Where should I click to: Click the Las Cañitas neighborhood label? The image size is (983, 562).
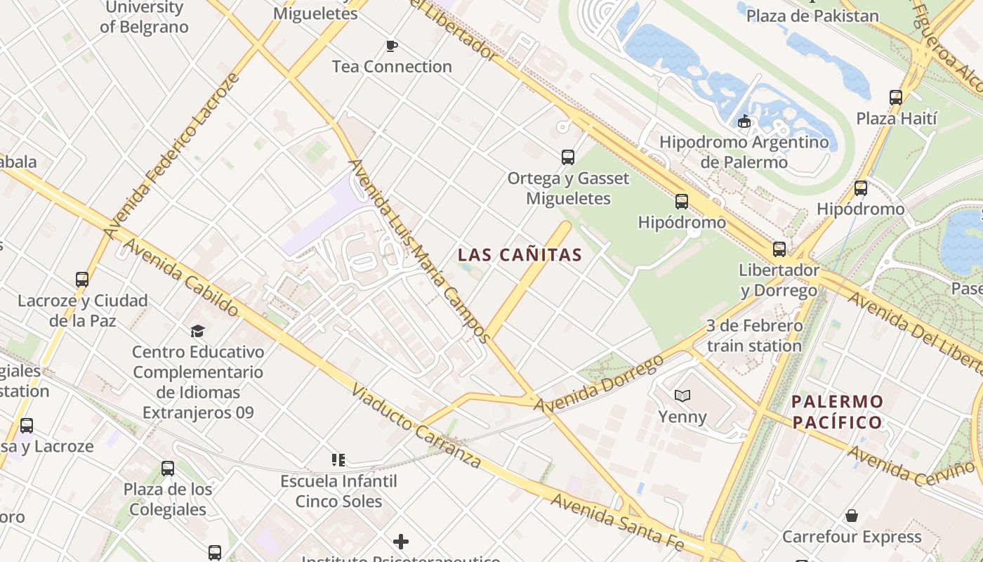click(x=520, y=255)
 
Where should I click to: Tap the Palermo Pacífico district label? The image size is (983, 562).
click(x=837, y=412)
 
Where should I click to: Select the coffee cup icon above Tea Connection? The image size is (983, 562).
click(x=392, y=46)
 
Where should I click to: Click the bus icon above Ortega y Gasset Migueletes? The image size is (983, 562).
click(x=568, y=157)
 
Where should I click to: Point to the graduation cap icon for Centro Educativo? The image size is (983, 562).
click(x=197, y=331)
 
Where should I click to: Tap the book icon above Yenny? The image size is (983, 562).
click(x=682, y=396)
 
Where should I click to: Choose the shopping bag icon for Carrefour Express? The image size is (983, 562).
click(x=851, y=516)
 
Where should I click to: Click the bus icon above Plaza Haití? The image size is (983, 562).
click(x=895, y=98)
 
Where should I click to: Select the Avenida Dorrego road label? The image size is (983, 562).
click(x=599, y=384)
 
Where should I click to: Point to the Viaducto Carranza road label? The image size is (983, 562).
click(x=416, y=426)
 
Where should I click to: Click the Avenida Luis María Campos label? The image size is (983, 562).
click(x=419, y=251)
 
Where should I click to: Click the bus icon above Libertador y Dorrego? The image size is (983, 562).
click(x=779, y=249)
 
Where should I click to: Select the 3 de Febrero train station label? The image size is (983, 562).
click(x=754, y=336)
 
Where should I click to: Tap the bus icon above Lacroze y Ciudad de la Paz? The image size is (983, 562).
click(x=82, y=280)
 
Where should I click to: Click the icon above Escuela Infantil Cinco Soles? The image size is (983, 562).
click(x=338, y=460)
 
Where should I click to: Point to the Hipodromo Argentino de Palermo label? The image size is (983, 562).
click(x=744, y=152)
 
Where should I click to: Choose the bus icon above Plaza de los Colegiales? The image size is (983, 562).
click(x=167, y=469)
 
